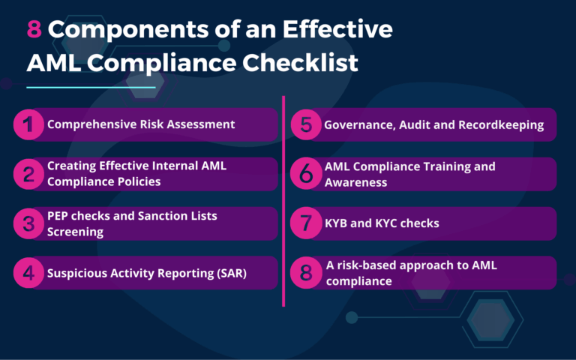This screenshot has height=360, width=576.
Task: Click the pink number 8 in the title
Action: coord(34,29)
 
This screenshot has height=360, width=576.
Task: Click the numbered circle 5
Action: coord(306,124)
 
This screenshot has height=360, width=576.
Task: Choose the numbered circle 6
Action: coord(306,174)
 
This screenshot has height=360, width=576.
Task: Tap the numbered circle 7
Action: coord(306,223)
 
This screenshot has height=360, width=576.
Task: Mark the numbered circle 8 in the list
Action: coord(306,273)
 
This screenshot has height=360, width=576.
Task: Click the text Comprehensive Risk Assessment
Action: coord(141,124)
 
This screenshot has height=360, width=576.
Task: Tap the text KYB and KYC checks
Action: coord(381,223)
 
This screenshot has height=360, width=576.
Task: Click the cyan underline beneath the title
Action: coord(91,87)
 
